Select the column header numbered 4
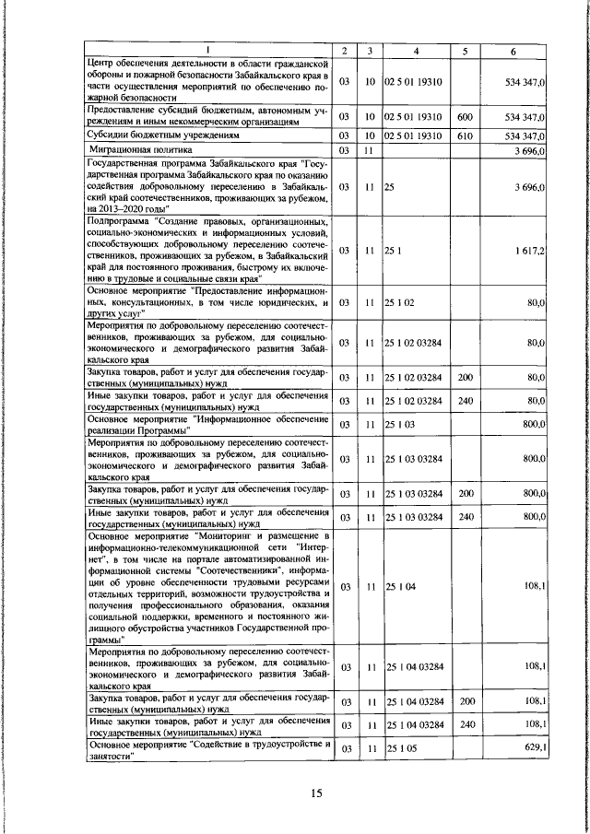pos(416,50)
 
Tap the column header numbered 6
pos(513,50)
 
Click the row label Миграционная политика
pos(139,148)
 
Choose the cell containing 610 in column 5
pos(465,135)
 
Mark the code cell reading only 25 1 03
pos(402,424)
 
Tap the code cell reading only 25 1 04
pos(402,585)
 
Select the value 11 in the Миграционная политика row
pos(368,149)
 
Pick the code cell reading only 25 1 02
pos(402,300)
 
